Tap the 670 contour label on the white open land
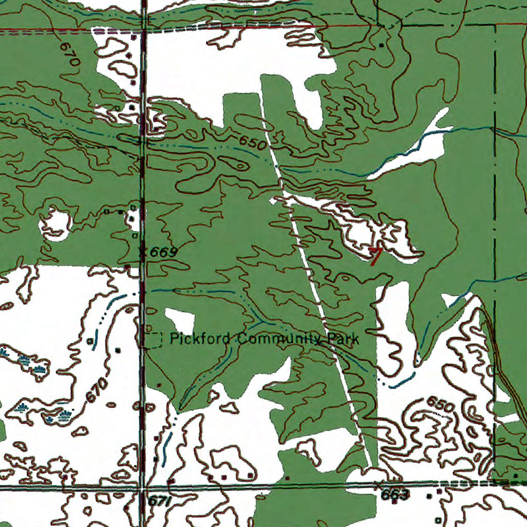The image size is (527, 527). click(x=97, y=390)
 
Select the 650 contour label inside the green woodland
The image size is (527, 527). click(x=253, y=143)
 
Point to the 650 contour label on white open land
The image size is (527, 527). click(x=440, y=404)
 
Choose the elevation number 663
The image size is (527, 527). click(x=395, y=495)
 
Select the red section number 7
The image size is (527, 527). click(x=376, y=255)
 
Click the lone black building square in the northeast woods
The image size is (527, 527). click(x=381, y=45)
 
